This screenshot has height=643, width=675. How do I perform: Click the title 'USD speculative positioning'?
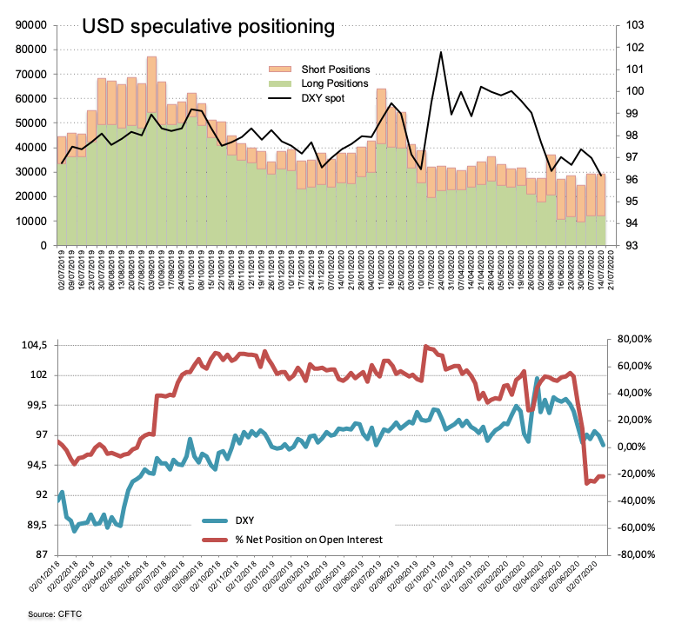click(x=208, y=27)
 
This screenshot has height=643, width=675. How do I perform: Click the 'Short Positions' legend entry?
click(x=335, y=70)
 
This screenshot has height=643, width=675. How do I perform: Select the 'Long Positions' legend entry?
click(x=334, y=84)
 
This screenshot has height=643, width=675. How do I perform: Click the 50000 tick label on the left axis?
click(x=29, y=123)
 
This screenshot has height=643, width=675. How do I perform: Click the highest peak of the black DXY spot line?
click(x=441, y=52)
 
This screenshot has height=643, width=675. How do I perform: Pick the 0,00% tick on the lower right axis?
click(x=632, y=447)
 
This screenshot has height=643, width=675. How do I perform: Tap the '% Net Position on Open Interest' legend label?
click(x=309, y=540)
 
